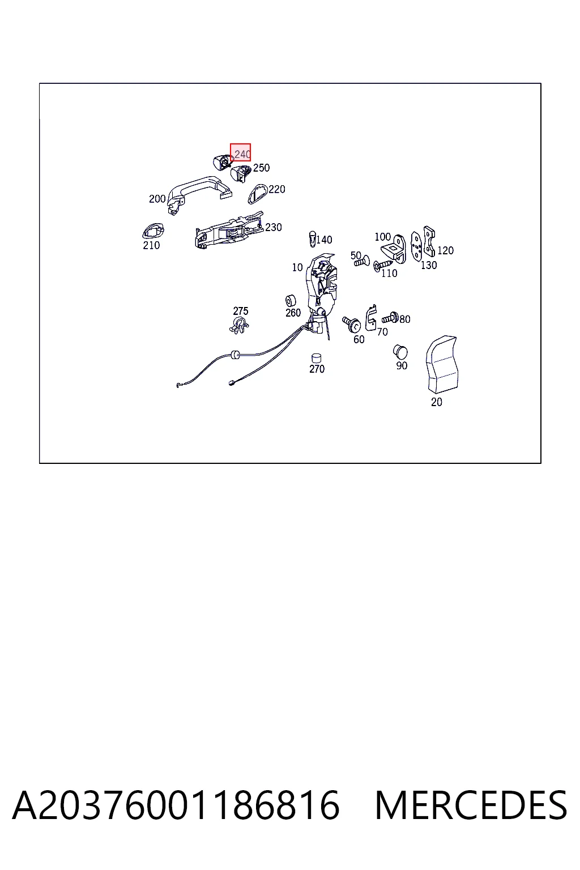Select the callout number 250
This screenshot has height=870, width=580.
pyautogui.click(x=261, y=168)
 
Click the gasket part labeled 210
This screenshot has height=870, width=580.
pyautogui.click(x=153, y=232)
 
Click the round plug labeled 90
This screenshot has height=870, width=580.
pyautogui.click(x=400, y=352)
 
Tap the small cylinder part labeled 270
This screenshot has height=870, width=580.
pyautogui.click(x=316, y=358)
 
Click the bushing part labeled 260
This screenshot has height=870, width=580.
pyautogui.click(x=290, y=301)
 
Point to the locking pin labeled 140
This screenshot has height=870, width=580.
pyautogui.click(x=312, y=238)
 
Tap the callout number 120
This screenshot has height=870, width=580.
pyautogui.click(x=445, y=250)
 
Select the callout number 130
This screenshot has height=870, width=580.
pyautogui.click(x=429, y=265)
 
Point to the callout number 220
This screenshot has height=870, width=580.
pyautogui.click(x=277, y=189)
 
